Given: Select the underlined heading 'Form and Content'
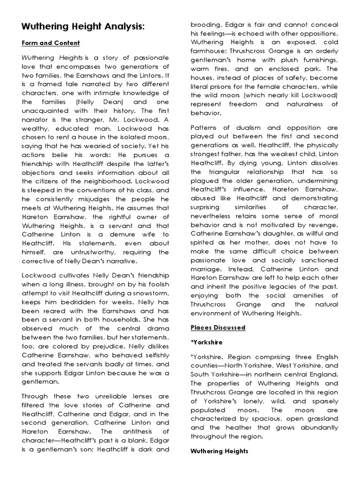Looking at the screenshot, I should [x=51, y=43].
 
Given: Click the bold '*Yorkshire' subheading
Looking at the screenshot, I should [x=207, y=342].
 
